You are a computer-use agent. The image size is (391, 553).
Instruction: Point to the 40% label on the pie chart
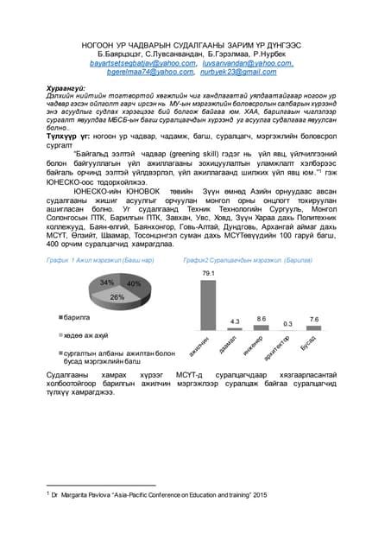click(x=133, y=283)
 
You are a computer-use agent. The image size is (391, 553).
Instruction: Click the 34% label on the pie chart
click(x=107, y=283)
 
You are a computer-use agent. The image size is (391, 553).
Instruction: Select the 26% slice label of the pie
click(x=117, y=296)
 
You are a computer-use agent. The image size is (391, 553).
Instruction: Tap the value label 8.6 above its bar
click(x=261, y=319)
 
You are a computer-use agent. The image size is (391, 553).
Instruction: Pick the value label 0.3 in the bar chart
click(x=287, y=323)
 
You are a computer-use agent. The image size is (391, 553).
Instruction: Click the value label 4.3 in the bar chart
click(x=234, y=321)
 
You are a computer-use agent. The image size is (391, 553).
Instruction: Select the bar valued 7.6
click(x=314, y=328)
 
